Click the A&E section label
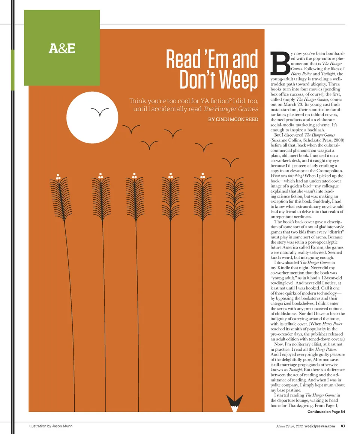tap(62, 48)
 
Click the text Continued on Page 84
tap(326, 412)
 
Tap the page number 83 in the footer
tap(343, 426)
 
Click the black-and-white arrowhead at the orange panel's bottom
tap(235, 402)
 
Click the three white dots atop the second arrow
tap(100, 176)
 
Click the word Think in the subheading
tap(139, 101)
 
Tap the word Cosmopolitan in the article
tap(330, 170)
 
